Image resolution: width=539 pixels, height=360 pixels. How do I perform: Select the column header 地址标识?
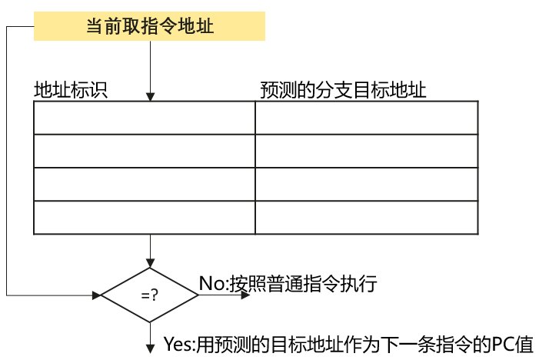[70, 90]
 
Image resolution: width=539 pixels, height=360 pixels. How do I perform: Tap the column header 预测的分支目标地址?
[343, 90]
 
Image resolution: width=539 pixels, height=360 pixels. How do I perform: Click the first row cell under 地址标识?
[145, 118]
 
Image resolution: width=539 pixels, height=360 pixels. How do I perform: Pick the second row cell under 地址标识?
[145, 151]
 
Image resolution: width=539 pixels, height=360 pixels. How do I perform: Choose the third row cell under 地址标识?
[145, 185]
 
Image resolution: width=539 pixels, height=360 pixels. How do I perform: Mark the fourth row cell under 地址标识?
[145, 218]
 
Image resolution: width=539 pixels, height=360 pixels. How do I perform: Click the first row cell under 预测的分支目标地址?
[366, 118]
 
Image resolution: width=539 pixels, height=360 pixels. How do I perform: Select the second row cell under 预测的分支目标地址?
[366, 151]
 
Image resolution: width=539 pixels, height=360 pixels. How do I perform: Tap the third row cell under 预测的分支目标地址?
[366, 185]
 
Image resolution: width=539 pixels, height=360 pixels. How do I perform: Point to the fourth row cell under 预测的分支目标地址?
[366, 218]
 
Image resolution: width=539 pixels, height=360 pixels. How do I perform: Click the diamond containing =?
[150, 295]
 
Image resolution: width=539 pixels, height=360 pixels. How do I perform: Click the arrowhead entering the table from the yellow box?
[150, 96]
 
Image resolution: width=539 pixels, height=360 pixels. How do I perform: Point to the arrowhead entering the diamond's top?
[150, 262]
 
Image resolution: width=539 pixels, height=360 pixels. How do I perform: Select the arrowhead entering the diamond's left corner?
[97, 295]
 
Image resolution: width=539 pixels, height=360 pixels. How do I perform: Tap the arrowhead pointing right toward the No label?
[245, 295]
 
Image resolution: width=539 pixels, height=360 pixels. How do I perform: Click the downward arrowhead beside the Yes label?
[150, 347]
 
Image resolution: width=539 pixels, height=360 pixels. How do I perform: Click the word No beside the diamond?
[211, 283]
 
